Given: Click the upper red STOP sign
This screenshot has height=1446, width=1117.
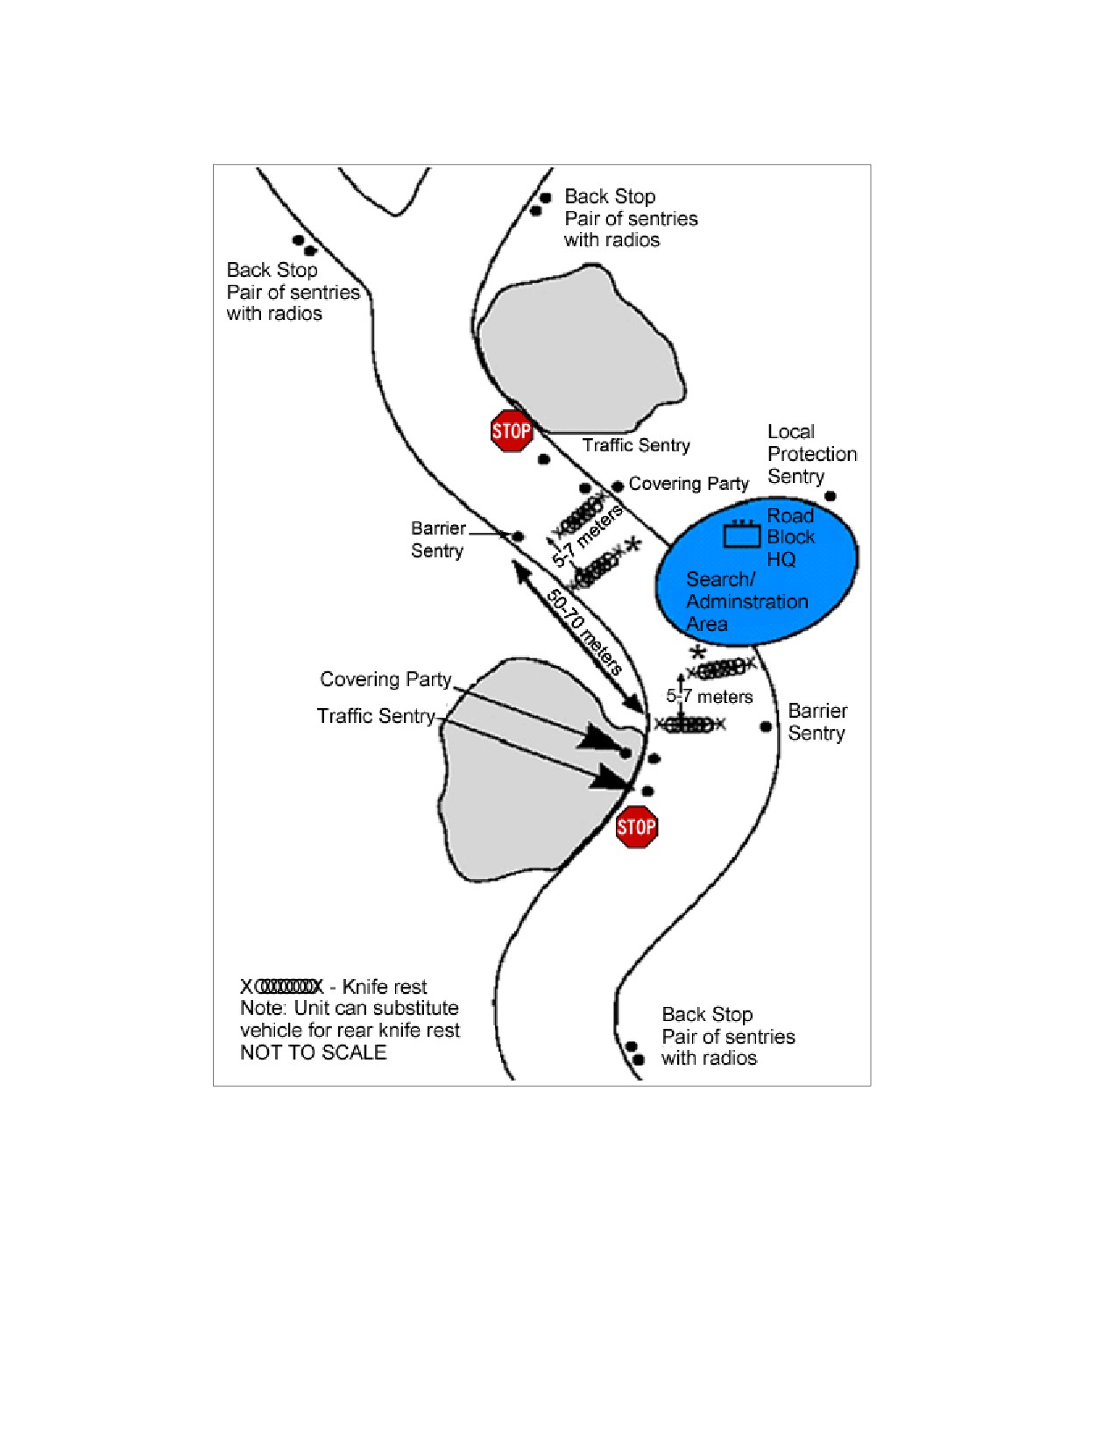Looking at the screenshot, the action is (x=511, y=431).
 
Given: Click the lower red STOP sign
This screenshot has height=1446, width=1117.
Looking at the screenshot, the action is (x=637, y=827).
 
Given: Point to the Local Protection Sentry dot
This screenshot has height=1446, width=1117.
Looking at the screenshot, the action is (x=831, y=496).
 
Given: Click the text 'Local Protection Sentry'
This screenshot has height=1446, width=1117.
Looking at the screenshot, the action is (x=811, y=454).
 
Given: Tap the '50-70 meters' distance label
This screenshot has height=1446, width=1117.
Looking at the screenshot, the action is (x=583, y=632).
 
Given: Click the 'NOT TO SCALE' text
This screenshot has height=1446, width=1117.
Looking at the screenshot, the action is (x=313, y=1052).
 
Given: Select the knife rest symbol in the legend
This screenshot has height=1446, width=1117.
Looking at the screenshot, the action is (x=281, y=986).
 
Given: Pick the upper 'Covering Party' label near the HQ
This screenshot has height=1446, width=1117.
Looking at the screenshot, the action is (x=689, y=483).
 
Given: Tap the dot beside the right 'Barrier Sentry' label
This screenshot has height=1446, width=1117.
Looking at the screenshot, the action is (x=766, y=727).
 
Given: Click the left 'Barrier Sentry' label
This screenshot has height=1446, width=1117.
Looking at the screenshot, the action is (x=438, y=540).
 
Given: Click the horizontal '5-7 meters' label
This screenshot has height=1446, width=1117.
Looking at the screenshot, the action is (x=709, y=697).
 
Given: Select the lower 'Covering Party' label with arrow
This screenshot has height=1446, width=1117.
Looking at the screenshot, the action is (x=385, y=679).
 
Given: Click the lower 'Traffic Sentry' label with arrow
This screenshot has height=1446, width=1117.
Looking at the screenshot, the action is (x=375, y=716).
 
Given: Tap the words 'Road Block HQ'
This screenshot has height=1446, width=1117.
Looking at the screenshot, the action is (x=790, y=537).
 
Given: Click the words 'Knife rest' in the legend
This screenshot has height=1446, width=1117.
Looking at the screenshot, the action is (x=384, y=986).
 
